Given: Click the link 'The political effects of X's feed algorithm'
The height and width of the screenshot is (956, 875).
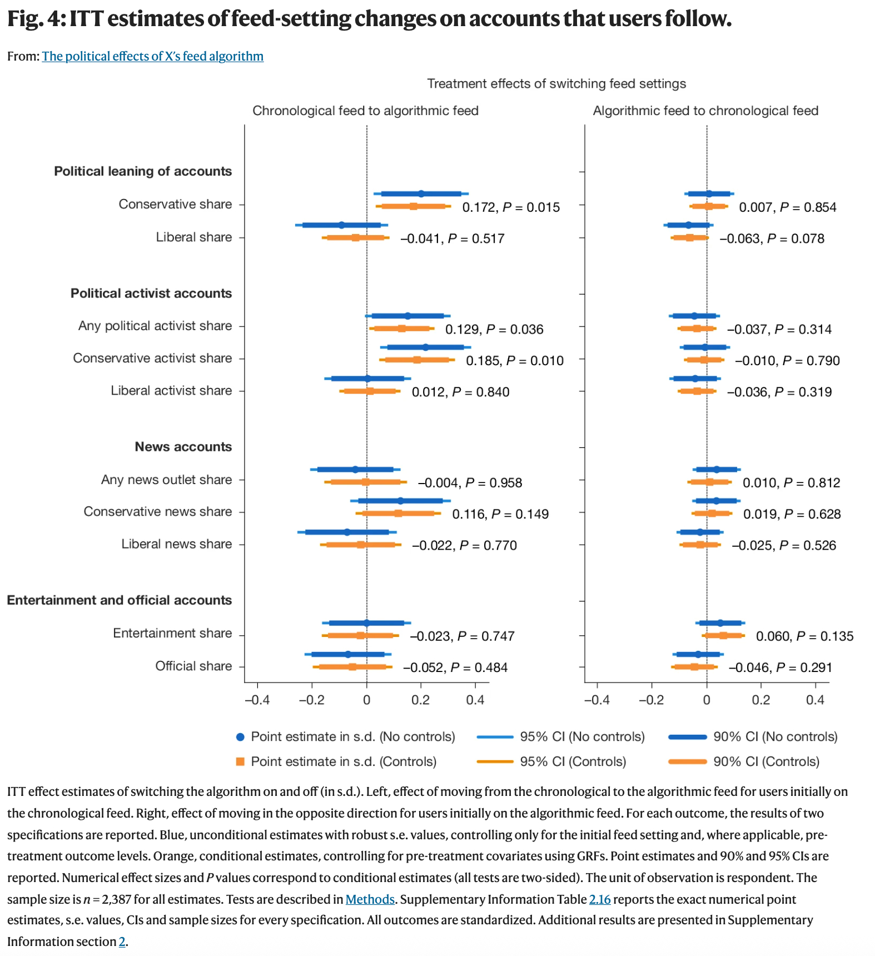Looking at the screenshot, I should pyautogui.click(x=152, y=56).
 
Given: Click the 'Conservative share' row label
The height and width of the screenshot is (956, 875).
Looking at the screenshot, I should pyautogui.click(x=175, y=204).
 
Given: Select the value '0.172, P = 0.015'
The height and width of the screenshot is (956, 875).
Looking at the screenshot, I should pyautogui.click(x=511, y=207).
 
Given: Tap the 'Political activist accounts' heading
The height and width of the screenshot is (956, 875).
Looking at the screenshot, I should pyautogui.click(x=151, y=293).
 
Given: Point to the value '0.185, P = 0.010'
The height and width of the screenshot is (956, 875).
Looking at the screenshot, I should pyautogui.click(x=514, y=361).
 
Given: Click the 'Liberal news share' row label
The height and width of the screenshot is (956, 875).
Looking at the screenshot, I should pyautogui.click(x=176, y=544).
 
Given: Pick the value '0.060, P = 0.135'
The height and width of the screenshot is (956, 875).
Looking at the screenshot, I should pyautogui.click(x=804, y=636).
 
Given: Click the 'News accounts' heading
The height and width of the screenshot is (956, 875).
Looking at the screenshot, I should pyautogui.click(x=183, y=447).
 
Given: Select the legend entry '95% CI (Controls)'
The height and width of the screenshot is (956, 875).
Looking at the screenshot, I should pyautogui.click(x=573, y=761).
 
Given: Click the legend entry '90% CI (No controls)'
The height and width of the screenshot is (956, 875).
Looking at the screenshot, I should pyautogui.click(x=775, y=737).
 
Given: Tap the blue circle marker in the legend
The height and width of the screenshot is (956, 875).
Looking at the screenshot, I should pyautogui.click(x=240, y=737).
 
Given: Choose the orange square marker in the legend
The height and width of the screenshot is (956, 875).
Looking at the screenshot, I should pyautogui.click(x=240, y=761).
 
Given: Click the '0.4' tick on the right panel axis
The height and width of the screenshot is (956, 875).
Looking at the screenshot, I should pyautogui.click(x=815, y=700).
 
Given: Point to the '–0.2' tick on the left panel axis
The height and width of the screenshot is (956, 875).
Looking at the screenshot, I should pyautogui.click(x=311, y=700).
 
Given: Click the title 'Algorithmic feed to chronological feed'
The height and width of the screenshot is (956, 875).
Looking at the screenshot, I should pyautogui.click(x=705, y=111).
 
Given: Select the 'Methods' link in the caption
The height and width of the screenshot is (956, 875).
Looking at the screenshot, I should pyautogui.click(x=370, y=899).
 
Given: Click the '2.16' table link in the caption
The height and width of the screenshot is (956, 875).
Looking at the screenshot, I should pyautogui.click(x=600, y=899).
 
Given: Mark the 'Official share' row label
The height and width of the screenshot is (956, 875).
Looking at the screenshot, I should pyautogui.click(x=193, y=666).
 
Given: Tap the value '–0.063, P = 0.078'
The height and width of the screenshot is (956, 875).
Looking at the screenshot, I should pyautogui.click(x=772, y=239).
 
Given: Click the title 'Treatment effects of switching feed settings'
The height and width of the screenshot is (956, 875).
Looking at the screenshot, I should pyautogui.click(x=556, y=83).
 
